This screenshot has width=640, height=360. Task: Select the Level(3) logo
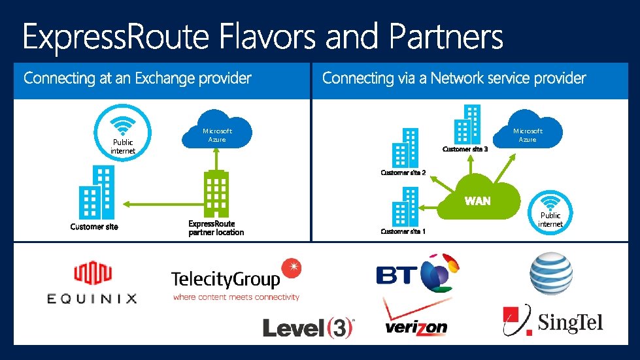click(x=308, y=327)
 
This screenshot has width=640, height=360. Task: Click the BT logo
click(x=417, y=273)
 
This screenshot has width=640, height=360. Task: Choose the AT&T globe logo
click(x=551, y=273)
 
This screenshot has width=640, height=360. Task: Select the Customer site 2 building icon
click(x=405, y=148)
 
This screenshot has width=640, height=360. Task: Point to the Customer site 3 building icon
click(x=467, y=124)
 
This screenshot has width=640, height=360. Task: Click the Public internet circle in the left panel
click(x=123, y=134)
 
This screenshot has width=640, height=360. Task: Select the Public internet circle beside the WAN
click(x=550, y=210)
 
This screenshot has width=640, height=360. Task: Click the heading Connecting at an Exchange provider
click(x=137, y=78)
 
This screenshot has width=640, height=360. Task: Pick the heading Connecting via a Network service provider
click(x=454, y=78)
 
